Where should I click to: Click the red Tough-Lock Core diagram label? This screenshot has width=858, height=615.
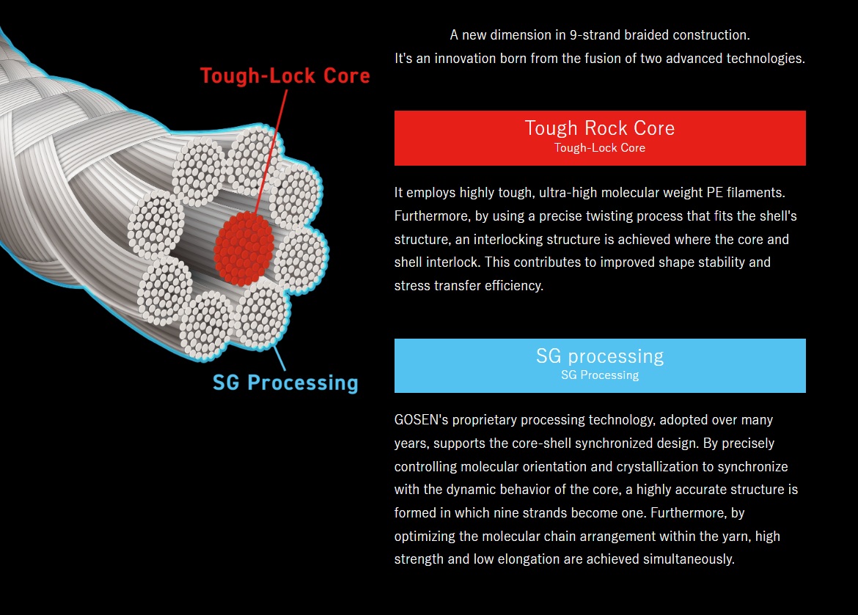click(285, 76)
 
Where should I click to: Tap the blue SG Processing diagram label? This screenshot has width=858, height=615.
click(285, 382)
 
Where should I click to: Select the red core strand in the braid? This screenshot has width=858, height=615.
click(244, 247)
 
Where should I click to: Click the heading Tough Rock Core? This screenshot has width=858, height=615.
click(599, 128)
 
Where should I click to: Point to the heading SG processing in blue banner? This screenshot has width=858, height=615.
click(599, 356)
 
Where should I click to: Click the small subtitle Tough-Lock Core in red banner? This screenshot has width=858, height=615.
click(599, 148)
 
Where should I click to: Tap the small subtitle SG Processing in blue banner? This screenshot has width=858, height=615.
click(599, 375)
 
